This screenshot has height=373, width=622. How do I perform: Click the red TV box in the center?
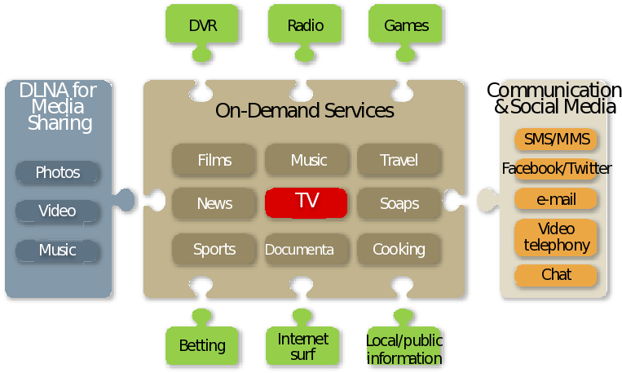click(x=307, y=202)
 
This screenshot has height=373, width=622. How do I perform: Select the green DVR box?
click(x=202, y=25)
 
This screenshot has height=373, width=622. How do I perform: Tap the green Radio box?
click(x=305, y=25)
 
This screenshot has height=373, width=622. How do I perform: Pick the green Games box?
click(x=405, y=25)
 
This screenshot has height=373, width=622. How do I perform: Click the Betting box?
click(x=201, y=344)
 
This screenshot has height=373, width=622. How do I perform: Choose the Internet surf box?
click(x=302, y=346)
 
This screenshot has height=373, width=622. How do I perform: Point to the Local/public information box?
click(x=405, y=348)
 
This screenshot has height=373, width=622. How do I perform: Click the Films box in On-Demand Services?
click(x=214, y=160)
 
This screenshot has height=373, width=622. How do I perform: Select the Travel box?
click(x=399, y=160)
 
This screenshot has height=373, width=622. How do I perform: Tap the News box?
click(x=214, y=203)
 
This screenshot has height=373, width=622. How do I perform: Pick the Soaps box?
click(x=399, y=203)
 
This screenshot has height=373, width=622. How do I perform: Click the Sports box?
click(x=214, y=249)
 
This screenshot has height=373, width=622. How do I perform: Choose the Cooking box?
click(x=399, y=249)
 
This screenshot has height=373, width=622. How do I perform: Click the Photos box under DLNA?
click(x=58, y=172)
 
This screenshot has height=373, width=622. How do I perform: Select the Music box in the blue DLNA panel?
click(x=58, y=250)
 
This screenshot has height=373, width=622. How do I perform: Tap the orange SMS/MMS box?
click(x=556, y=139)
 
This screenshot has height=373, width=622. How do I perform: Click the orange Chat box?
click(x=556, y=275)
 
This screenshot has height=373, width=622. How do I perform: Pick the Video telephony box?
click(x=556, y=237)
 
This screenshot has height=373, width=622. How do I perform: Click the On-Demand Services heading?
click(x=305, y=111)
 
